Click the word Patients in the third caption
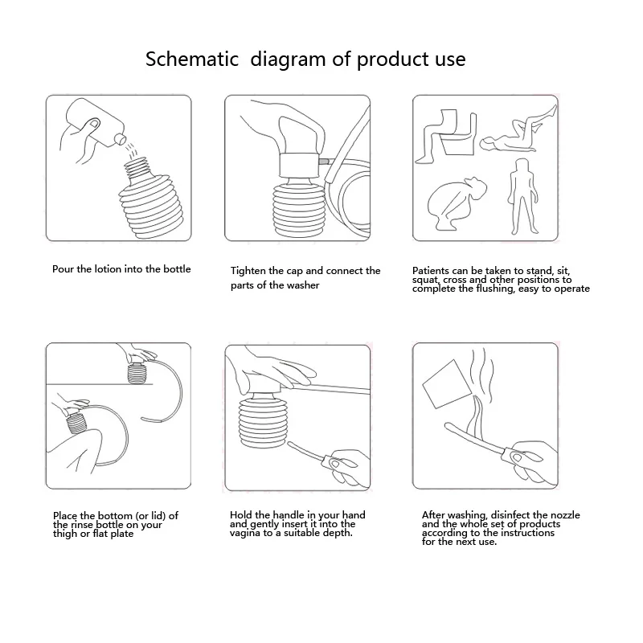pyautogui.click(x=432, y=272)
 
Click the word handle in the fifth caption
pyautogui.click(x=293, y=515)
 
